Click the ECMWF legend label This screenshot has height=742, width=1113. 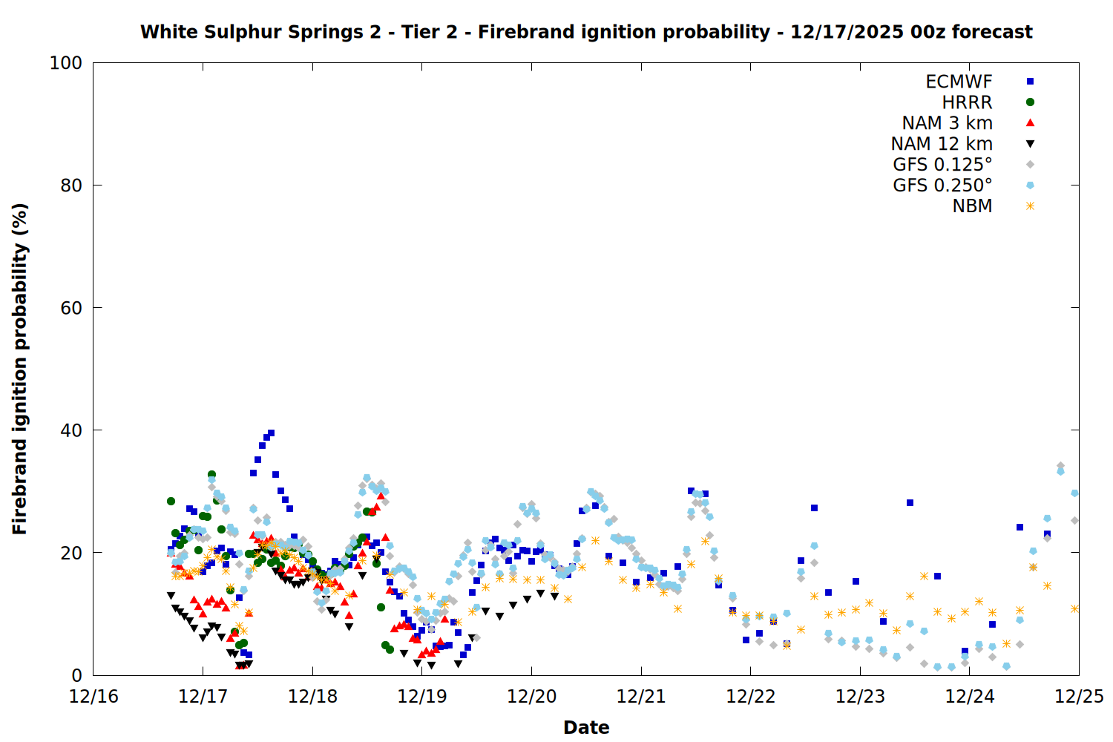(959, 82)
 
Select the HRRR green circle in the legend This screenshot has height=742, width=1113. (1030, 102)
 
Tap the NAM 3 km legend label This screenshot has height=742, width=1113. (947, 123)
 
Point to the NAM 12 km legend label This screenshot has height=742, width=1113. (942, 144)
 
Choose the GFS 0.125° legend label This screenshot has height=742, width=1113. (942, 165)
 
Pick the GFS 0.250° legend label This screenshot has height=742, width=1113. (942, 185)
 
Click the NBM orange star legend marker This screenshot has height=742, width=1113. (1030, 206)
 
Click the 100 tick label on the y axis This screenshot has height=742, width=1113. (65, 63)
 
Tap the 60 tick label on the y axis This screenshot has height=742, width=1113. (70, 308)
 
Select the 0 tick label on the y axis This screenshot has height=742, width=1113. (76, 675)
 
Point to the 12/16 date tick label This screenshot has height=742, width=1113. (93, 697)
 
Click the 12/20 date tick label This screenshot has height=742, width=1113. (531, 697)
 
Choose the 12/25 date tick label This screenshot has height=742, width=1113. (1079, 697)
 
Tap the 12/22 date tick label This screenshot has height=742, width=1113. (750, 697)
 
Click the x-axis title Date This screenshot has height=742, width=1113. (586, 727)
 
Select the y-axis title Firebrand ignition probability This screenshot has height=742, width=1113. (19, 369)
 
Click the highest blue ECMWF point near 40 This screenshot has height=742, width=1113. (271, 433)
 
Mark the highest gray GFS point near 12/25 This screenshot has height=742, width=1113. (1060, 466)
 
